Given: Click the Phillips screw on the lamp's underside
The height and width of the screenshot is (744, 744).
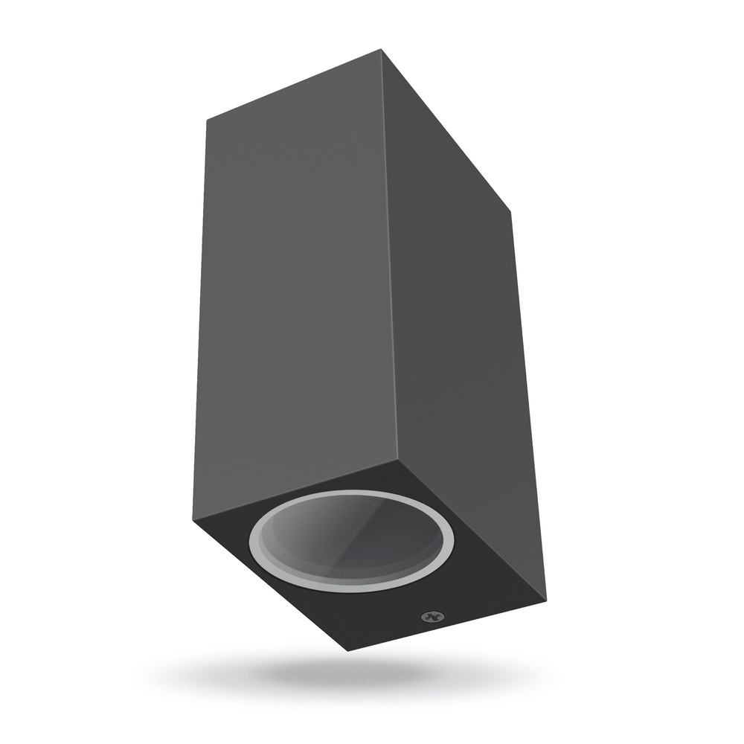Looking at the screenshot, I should pos(429,617).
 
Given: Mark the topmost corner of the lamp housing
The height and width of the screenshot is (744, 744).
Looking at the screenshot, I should pos(381,50).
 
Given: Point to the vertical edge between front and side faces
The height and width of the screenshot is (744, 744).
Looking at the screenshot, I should pos(392,260).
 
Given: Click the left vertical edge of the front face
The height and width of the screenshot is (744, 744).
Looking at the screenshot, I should pos(202,320).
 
